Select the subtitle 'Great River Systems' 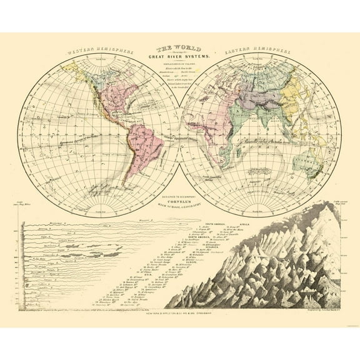[x=180, y=58]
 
